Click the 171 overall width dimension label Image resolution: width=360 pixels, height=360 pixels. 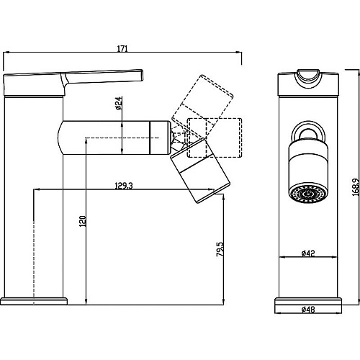[x=122, y=49]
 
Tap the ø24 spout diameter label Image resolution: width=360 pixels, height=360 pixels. [x=119, y=103]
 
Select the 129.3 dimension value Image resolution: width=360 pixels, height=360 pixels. [x=124, y=186]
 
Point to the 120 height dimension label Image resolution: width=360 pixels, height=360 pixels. [x=83, y=221]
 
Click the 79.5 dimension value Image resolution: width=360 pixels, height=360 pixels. [x=220, y=249]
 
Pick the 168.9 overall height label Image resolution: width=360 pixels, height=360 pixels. [x=356, y=187]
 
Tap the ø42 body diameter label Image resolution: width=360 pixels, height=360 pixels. [x=308, y=253]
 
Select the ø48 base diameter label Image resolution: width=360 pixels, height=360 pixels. [x=308, y=310]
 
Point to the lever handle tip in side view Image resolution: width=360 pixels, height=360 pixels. [x=141, y=75]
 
